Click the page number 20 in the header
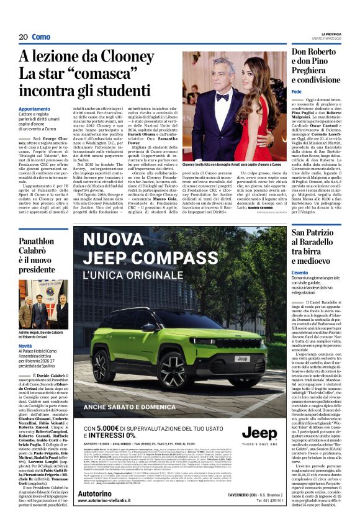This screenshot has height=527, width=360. click(x=23, y=37)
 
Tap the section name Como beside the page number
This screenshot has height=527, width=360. click(x=41, y=37)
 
